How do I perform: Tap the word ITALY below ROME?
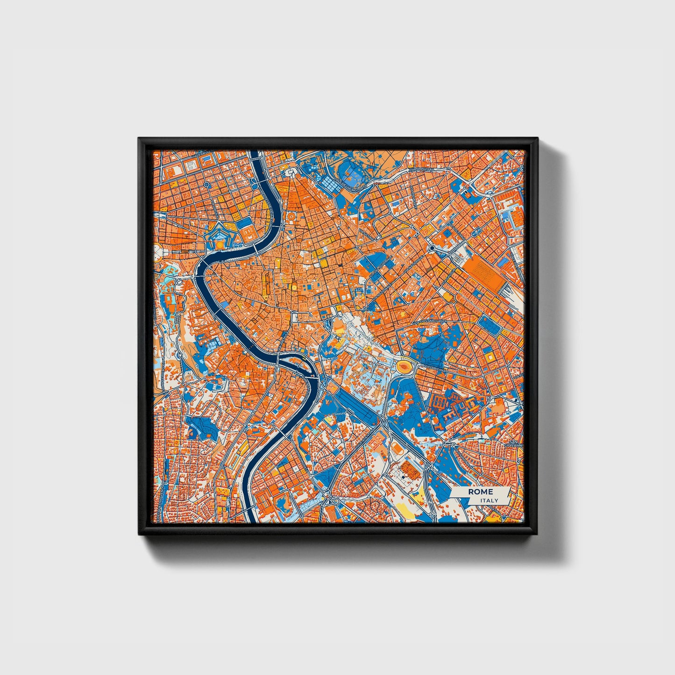(x=489, y=500)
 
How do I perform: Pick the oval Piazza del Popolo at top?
(x=291, y=173)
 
